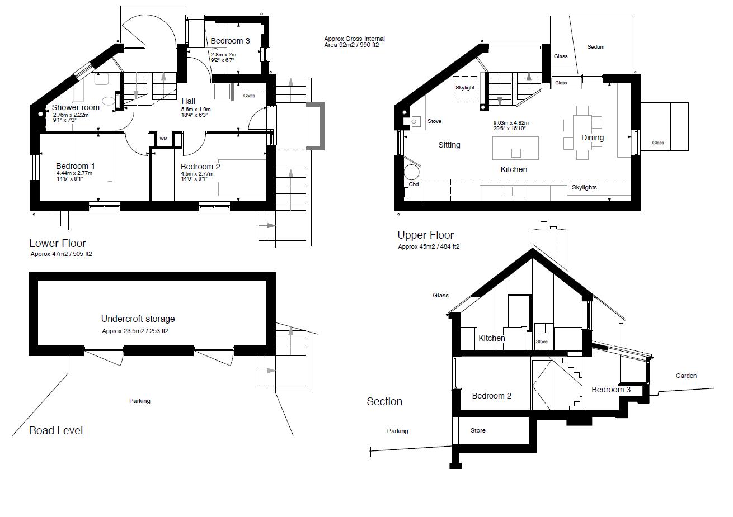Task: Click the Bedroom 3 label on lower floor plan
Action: pyautogui.click(x=230, y=41)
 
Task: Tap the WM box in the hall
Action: pyautogui.click(x=163, y=139)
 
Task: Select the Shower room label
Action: pyautogui.click(x=76, y=107)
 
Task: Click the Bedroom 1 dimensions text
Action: pyautogui.click(x=74, y=176)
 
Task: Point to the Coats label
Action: pyautogui.click(x=249, y=96)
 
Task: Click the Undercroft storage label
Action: pyautogui.click(x=138, y=319)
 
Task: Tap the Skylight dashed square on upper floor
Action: pyautogui.click(x=464, y=88)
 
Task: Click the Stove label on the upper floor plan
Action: pyautogui.click(x=434, y=121)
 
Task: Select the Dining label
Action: pyautogui.click(x=592, y=137)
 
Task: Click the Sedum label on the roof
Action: pyautogui.click(x=595, y=47)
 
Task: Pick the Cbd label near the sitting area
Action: pyautogui.click(x=414, y=184)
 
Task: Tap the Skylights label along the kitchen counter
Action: pyautogui.click(x=584, y=187)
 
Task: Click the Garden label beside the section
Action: pyautogui.click(x=685, y=376)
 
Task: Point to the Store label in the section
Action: pyautogui.click(x=477, y=430)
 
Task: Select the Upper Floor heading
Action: pyautogui.click(x=425, y=235)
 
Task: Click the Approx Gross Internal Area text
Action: pyautogui.click(x=354, y=42)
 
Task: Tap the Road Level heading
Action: pyautogui.click(x=56, y=430)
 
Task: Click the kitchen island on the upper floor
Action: pyautogui.click(x=515, y=148)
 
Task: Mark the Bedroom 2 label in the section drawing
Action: pyautogui.click(x=491, y=396)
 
